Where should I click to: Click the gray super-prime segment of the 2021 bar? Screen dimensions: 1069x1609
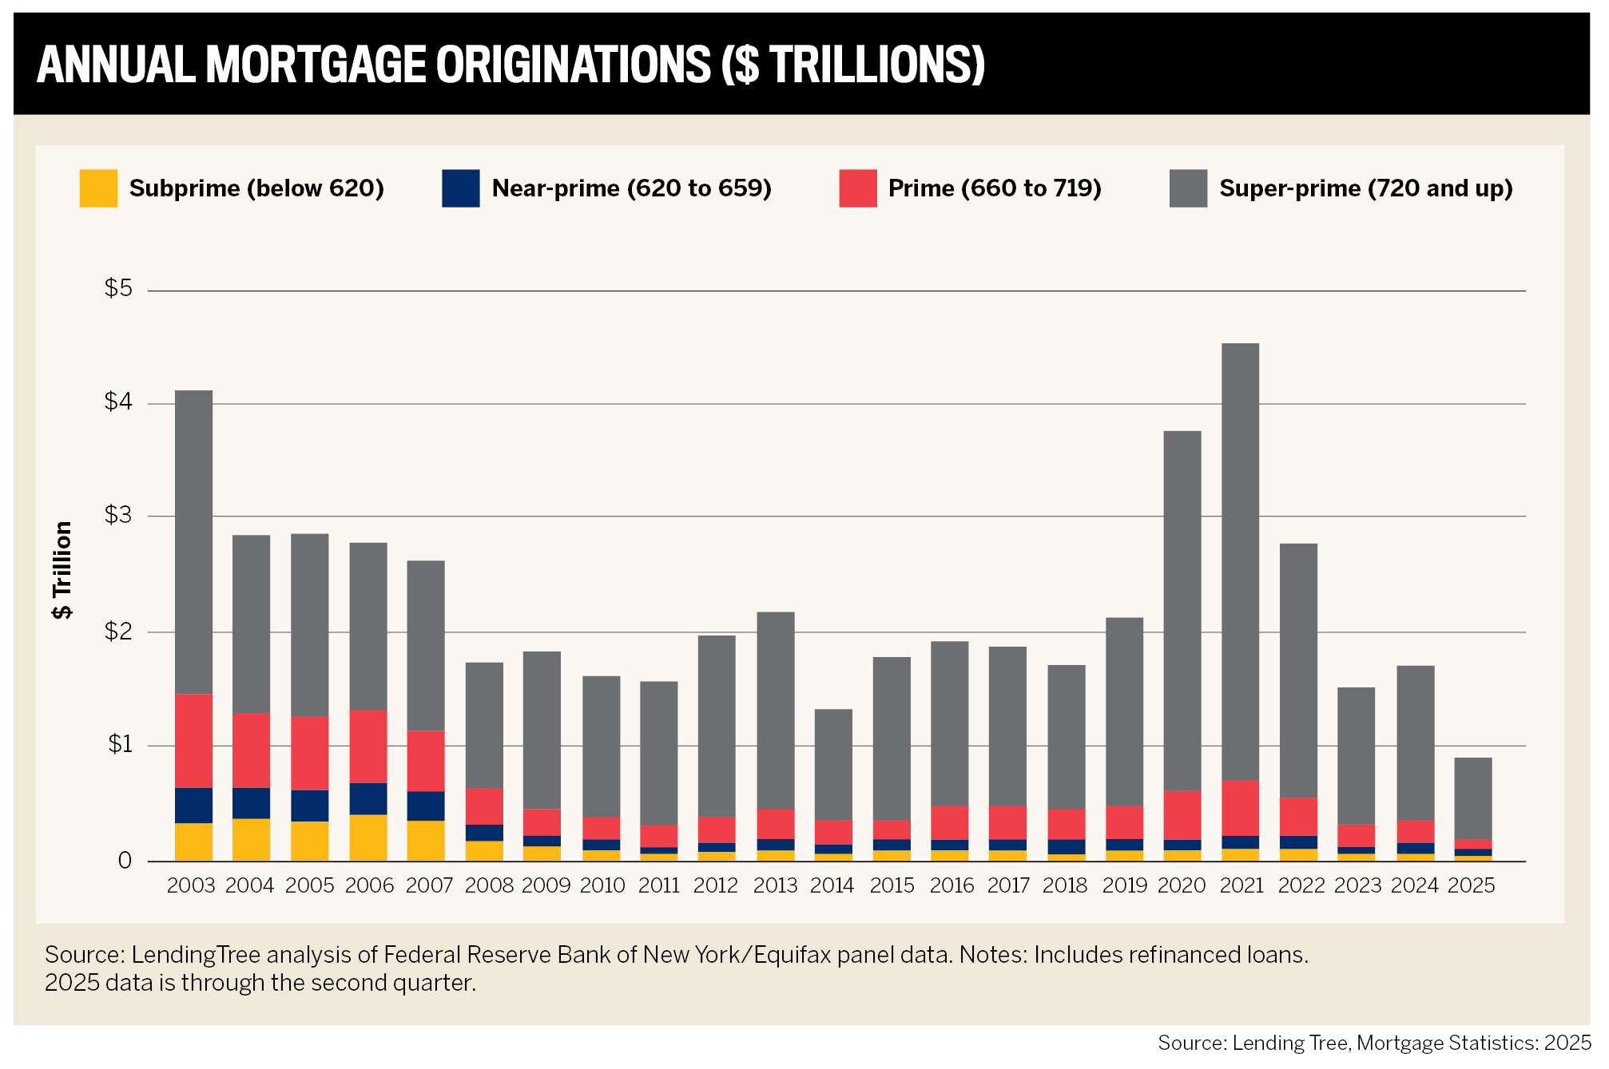point(1240,559)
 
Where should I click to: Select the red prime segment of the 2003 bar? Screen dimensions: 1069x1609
point(193,740)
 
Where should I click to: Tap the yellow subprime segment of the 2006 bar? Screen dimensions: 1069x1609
point(368,837)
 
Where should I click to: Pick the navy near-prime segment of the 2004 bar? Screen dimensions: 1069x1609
point(251,803)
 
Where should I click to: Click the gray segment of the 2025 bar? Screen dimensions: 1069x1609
point(1472,798)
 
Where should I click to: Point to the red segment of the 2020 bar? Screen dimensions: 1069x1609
point(1182,815)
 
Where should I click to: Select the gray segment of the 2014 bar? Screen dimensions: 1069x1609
point(833,764)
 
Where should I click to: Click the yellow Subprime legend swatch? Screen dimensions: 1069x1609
point(98,188)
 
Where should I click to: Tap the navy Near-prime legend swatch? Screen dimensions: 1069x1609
point(461,188)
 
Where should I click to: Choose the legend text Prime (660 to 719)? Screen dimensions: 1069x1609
point(995,188)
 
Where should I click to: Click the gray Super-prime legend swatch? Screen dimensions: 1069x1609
point(1188,188)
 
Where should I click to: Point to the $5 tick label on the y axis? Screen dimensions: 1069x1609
point(118,288)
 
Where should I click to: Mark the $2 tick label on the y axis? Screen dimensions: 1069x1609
point(118,632)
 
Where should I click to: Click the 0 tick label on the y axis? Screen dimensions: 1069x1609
point(125,861)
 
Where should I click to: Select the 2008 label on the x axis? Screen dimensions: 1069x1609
point(489,885)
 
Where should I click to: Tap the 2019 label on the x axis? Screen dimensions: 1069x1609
point(1125,885)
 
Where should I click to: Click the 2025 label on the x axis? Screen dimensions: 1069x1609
point(1471,885)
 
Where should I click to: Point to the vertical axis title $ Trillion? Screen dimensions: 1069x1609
point(62,570)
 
